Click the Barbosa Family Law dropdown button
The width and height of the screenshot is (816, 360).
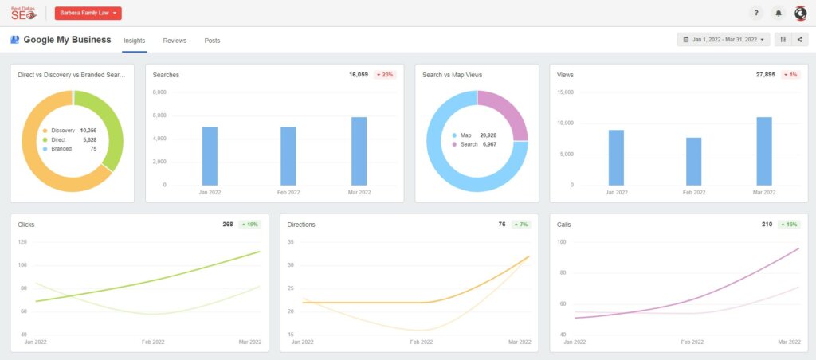88,14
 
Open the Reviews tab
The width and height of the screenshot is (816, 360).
175,40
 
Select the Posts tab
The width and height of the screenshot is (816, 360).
212,40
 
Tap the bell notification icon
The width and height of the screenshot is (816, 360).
779,14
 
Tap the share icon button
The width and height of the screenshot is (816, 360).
799,39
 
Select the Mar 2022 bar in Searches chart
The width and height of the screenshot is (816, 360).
359,151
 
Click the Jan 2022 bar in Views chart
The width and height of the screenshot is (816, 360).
616,158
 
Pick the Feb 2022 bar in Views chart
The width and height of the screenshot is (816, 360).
693,162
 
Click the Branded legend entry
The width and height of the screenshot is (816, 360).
61,149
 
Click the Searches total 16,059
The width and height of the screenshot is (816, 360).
359,75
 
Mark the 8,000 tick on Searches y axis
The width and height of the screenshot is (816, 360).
159,92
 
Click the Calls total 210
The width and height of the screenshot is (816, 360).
767,225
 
